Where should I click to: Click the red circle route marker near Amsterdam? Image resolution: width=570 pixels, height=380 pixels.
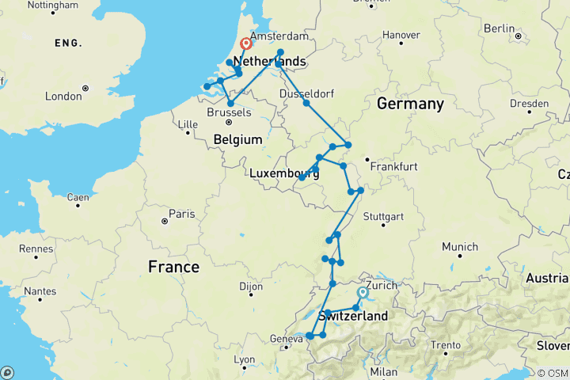point(246,44)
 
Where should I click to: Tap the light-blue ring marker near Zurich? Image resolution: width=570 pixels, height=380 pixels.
point(363,292)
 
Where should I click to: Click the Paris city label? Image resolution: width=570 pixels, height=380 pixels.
point(181,214)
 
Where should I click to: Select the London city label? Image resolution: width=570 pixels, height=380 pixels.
point(64,96)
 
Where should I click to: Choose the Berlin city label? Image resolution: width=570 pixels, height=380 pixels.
point(500,28)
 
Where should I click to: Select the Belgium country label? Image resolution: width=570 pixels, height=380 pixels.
point(237,140)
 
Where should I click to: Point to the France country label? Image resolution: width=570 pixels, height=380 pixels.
point(173,268)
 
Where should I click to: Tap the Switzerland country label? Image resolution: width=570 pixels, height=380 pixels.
point(353,317)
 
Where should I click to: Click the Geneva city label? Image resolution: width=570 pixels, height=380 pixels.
point(286,339)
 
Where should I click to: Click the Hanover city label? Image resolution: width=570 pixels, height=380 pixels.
point(401,35)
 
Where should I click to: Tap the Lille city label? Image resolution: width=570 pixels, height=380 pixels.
point(187,124)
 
